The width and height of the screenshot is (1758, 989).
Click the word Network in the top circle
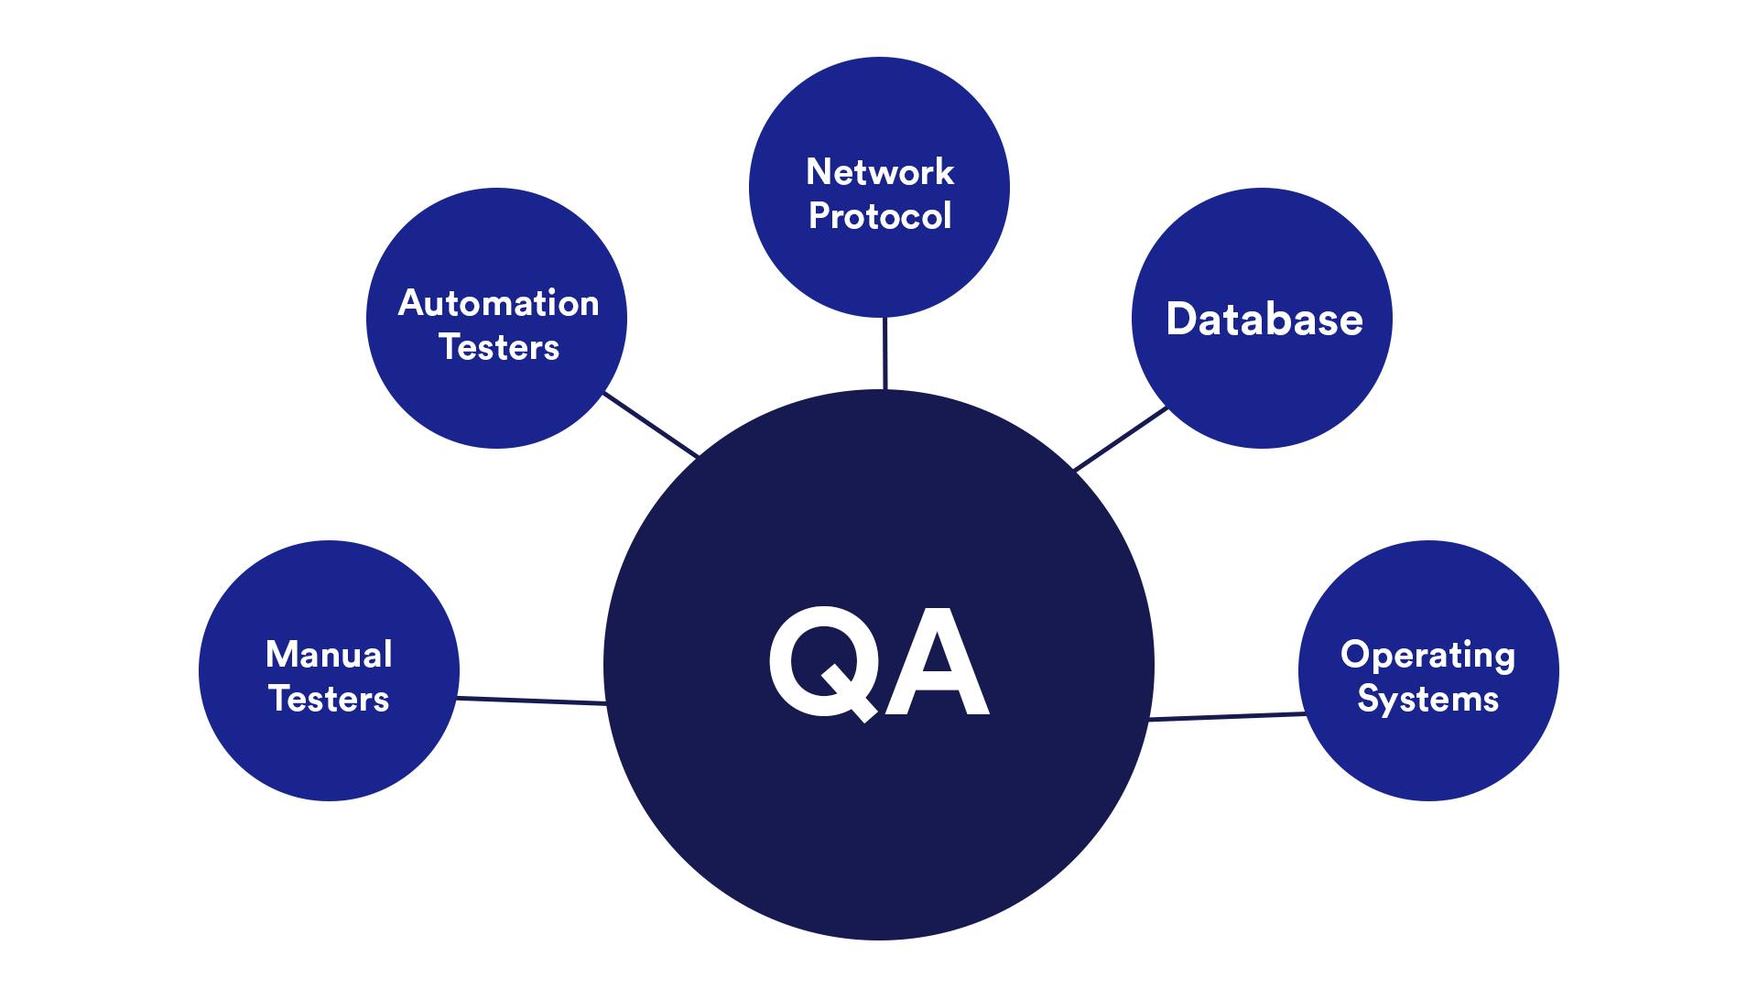(880, 172)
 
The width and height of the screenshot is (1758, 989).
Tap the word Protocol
(880, 216)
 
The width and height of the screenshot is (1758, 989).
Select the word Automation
(498, 303)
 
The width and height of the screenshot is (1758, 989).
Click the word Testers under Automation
(498, 347)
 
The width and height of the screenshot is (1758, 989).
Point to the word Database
(1264, 319)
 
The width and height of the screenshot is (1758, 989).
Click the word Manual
(329, 655)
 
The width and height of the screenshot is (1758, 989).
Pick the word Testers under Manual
(329, 699)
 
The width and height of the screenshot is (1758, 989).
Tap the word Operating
(1427, 656)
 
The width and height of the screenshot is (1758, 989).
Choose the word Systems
(1427, 699)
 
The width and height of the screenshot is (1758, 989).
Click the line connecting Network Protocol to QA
(884, 353)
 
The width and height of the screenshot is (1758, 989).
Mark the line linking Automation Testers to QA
(651, 425)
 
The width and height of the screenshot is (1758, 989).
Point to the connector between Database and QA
(1121, 439)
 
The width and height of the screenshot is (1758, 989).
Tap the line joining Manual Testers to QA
(531, 701)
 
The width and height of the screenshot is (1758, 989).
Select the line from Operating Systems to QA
(1227, 717)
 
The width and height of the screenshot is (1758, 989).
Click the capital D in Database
(1183, 319)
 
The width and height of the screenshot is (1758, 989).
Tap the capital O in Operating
(1355, 655)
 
